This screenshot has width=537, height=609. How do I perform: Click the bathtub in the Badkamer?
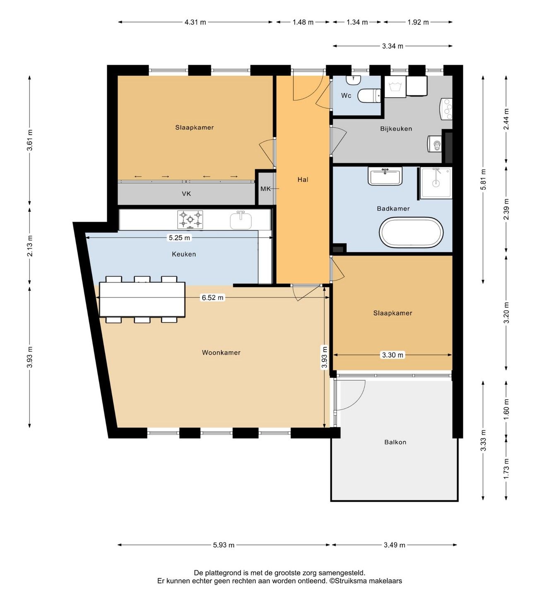pyautogui.click(x=411, y=232)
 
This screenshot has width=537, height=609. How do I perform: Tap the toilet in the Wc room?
pyautogui.click(x=369, y=96)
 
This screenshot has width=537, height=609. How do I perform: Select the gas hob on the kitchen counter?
pyautogui.click(x=190, y=220)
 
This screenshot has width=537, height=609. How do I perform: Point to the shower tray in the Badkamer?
pyautogui.click(x=436, y=183)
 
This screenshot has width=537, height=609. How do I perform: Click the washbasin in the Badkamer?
pyautogui.click(x=385, y=177)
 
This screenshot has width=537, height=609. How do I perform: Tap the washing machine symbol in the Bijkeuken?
pyautogui.click(x=395, y=87)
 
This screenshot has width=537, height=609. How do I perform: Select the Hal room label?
pyautogui.click(x=303, y=180)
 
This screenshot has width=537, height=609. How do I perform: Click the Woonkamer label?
pyautogui.click(x=221, y=353)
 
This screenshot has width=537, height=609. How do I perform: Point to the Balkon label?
pyautogui.click(x=395, y=442)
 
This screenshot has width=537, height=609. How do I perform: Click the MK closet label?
pyautogui.click(x=265, y=189)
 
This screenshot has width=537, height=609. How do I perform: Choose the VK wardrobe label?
pyautogui.click(x=186, y=194)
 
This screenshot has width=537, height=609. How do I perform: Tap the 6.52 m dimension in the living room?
pyautogui.click(x=213, y=297)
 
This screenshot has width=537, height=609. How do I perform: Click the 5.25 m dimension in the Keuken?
pyautogui.click(x=179, y=238)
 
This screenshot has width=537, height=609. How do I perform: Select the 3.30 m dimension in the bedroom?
pyautogui.click(x=393, y=355)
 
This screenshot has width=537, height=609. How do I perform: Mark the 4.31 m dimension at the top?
pyautogui.click(x=195, y=22)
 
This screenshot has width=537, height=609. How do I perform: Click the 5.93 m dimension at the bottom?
pyautogui.click(x=224, y=545)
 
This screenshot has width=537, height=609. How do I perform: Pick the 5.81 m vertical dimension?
pyautogui.click(x=483, y=179)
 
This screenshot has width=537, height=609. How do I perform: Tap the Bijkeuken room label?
pyautogui.click(x=396, y=129)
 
